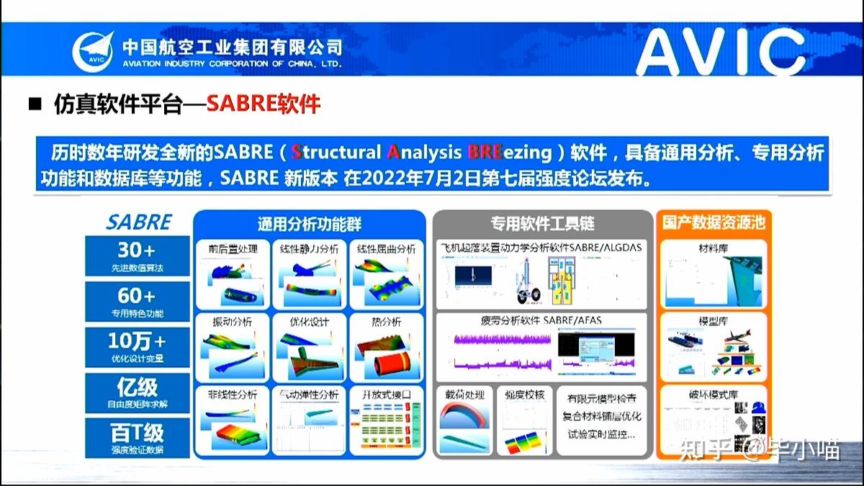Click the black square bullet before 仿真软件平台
click(x=35, y=104)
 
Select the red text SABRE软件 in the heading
click(x=263, y=104)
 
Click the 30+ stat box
click(x=137, y=256)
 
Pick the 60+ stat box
click(x=137, y=302)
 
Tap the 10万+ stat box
click(x=137, y=346)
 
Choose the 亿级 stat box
click(x=137, y=392)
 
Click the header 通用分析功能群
click(x=310, y=223)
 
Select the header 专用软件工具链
click(x=542, y=223)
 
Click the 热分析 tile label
click(x=386, y=322)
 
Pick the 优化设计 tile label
click(x=310, y=322)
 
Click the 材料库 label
click(x=713, y=249)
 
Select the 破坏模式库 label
click(x=713, y=395)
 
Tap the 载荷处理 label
click(x=464, y=395)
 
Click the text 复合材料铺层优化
click(x=603, y=416)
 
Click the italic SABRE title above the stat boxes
click(x=139, y=222)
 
